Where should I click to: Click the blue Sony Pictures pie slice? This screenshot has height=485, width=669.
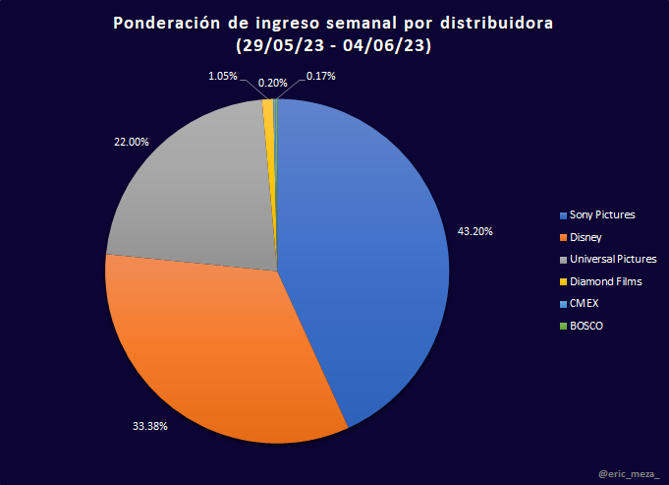pyautogui.click(x=373, y=256)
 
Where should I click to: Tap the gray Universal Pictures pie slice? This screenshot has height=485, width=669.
pyautogui.click(x=196, y=187)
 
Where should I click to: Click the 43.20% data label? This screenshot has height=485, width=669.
pyautogui.click(x=475, y=231)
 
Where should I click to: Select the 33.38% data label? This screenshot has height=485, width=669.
pyautogui.click(x=149, y=426)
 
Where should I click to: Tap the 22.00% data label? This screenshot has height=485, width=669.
pyautogui.click(x=132, y=142)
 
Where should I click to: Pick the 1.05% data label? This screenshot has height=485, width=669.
pyautogui.click(x=222, y=76)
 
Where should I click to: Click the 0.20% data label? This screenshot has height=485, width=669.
pyautogui.click(x=273, y=83)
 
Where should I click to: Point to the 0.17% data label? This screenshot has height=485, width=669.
pyautogui.click(x=321, y=75)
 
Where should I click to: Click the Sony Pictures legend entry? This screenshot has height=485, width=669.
pyautogui.click(x=601, y=214)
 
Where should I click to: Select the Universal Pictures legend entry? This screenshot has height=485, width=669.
pyautogui.click(x=612, y=259)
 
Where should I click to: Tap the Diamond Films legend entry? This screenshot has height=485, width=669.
pyautogui.click(x=605, y=281)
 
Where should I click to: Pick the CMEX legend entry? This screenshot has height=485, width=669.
pyautogui.click(x=584, y=303)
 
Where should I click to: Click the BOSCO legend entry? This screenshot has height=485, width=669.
pyautogui.click(x=585, y=326)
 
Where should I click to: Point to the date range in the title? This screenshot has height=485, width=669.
pyautogui.click(x=335, y=45)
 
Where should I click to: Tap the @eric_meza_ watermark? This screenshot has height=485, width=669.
pyautogui.click(x=629, y=473)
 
